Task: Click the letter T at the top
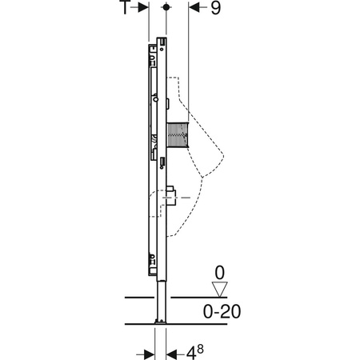point(124,7)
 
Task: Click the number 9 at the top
point(216,8)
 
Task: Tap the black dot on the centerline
point(166,7)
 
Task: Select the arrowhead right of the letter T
point(143,7)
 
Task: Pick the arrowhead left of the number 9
point(194,7)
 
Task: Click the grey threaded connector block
point(178,134)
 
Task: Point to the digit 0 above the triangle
point(220,273)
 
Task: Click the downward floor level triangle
point(220,289)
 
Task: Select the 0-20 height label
point(222,311)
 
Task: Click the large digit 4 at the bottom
point(191,354)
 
